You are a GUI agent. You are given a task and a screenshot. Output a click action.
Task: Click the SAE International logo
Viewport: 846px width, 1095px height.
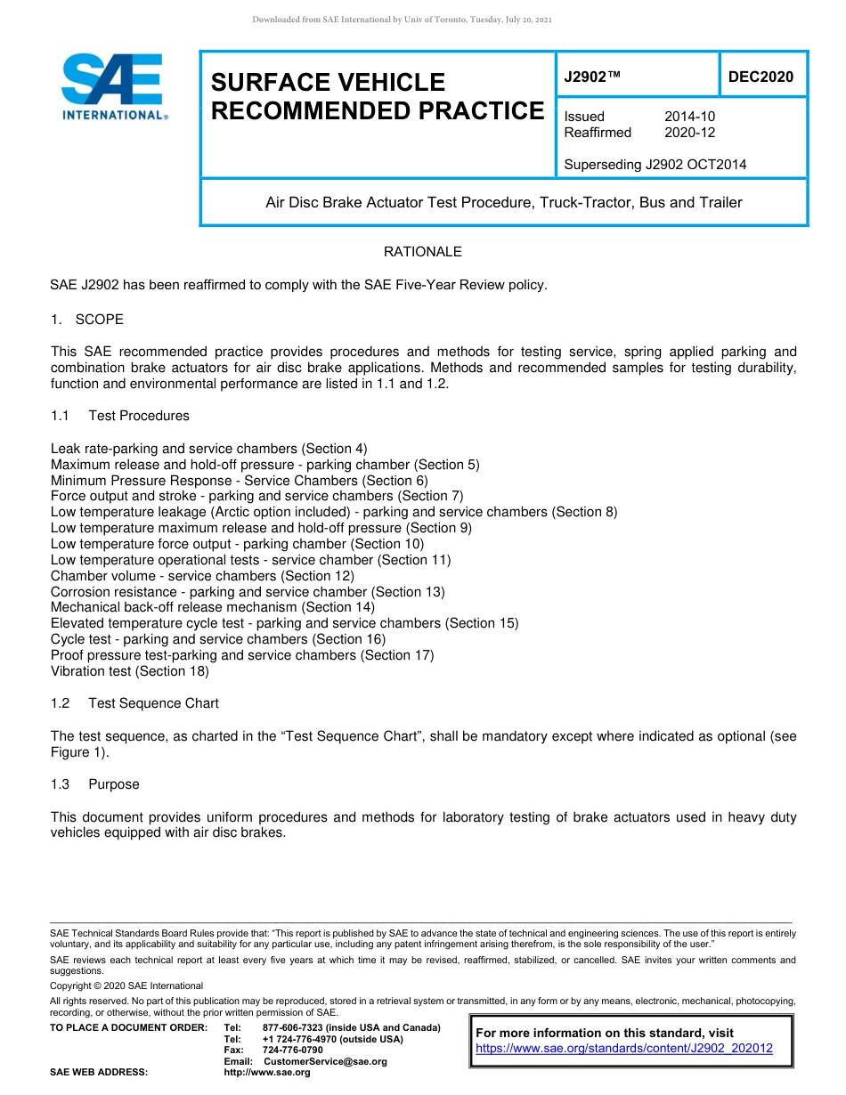pos(113,86)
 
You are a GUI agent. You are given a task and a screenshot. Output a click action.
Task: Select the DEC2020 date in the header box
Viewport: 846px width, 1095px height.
pos(761,77)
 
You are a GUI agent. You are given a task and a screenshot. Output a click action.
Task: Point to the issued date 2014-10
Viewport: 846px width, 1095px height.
pos(689,117)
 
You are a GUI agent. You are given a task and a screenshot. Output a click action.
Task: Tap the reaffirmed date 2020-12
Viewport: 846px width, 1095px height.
pos(689,133)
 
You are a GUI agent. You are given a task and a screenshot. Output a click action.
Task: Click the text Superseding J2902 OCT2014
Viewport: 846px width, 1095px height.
pos(655,164)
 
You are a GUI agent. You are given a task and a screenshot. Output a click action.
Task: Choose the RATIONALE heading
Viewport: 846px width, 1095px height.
pos(422,252)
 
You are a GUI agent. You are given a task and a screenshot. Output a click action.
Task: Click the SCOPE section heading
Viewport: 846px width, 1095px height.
pos(99,320)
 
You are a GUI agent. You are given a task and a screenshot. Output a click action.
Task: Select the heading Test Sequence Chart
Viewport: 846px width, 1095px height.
pos(153,703)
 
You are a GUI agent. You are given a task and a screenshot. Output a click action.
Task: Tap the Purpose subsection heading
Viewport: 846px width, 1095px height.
pos(113,784)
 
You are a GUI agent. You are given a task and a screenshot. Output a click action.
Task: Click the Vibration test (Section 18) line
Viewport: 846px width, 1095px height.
pos(130,671)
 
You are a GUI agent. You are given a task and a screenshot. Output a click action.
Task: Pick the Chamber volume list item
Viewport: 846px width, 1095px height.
pos(202,576)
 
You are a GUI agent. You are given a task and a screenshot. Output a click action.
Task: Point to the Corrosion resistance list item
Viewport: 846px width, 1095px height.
pos(248,592)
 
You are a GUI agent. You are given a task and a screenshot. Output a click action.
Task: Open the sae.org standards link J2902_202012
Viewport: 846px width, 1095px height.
pos(624,1049)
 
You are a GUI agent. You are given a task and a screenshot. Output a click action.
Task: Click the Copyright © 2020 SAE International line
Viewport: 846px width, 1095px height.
pos(126,986)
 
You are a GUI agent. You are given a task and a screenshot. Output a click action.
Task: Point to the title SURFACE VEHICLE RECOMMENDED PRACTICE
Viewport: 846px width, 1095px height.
pos(377,96)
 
